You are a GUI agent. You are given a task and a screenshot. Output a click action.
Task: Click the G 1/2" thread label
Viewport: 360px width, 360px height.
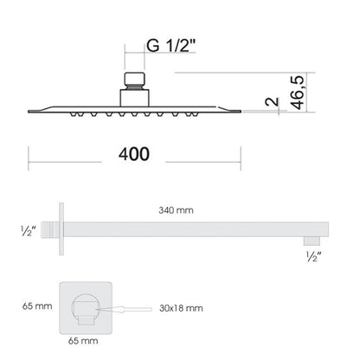coord(170,46)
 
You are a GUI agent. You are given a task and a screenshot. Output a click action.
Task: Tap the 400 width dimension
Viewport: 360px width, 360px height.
coord(134,154)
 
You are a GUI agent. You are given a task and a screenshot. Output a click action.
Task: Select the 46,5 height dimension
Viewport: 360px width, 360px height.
coord(297,93)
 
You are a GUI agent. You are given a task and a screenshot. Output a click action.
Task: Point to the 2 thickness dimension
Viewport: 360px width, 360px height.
coord(273,101)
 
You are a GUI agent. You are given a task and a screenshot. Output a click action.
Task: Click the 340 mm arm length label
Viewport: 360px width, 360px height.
coord(176,210)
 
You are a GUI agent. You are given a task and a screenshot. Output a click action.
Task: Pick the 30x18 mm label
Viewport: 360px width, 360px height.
coord(181,308)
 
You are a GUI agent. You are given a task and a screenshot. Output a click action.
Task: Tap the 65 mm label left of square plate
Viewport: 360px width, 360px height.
coord(37,306)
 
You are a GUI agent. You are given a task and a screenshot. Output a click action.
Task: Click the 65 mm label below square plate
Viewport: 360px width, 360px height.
coord(83,341)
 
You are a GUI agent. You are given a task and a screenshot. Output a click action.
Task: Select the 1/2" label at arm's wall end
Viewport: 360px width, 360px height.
coord(29,231)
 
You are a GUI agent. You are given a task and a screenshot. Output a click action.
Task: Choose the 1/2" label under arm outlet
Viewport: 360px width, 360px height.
coord(314,256)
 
